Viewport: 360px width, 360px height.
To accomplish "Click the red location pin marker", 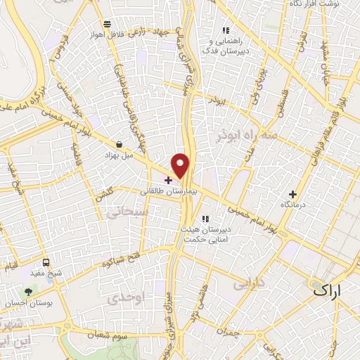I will [x=181, y=166].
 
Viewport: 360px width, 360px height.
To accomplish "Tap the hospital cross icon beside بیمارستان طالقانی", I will [x=167, y=181].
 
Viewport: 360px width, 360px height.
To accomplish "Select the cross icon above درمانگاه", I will [x=293, y=193].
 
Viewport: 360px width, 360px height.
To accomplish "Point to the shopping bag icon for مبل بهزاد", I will [x=119, y=144].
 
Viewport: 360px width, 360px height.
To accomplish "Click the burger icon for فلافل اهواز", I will [x=105, y=23].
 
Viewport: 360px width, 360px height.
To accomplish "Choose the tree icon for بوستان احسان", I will [x=28, y=291].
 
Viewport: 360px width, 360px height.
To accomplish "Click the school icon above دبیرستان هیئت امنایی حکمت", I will [x=205, y=219].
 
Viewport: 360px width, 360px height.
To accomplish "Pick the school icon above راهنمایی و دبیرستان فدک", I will [x=226, y=30].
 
